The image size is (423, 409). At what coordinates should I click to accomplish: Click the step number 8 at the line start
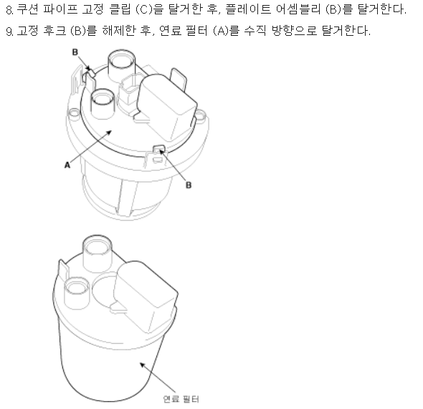tap(9, 10)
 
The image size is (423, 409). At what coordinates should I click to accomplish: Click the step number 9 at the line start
tap(9, 32)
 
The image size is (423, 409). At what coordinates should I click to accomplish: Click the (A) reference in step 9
tap(222, 31)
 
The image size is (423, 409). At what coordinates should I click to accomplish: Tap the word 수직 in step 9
tap(255, 31)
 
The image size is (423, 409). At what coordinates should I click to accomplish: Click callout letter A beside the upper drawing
tap(67, 165)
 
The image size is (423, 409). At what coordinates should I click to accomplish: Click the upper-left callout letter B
tap(75, 52)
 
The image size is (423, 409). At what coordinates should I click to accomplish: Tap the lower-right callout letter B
tap(189, 185)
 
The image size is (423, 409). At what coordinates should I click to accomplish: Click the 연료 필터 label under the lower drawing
tap(181, 399)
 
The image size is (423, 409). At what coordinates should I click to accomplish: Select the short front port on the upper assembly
tap(103, 103)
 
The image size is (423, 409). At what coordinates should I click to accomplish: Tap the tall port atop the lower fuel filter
tap(97, 253)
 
